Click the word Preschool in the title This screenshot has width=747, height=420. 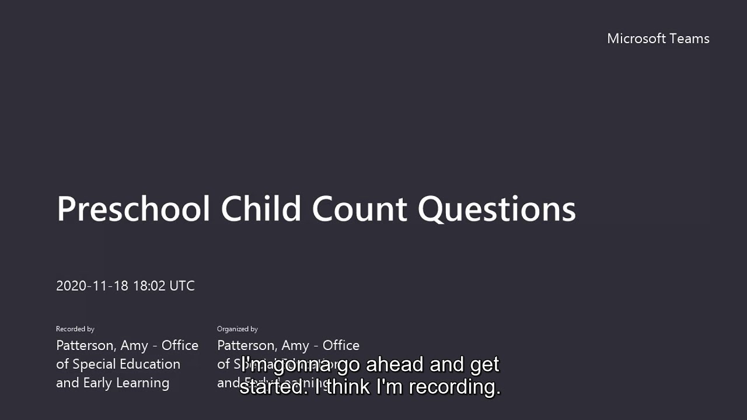(133, 209)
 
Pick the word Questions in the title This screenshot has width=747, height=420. (497, 209)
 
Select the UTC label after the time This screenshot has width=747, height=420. (182, 286)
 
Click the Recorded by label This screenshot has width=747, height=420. (75, 329)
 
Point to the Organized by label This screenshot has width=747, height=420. (238, 329)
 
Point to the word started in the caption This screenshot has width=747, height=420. (271, 387)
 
